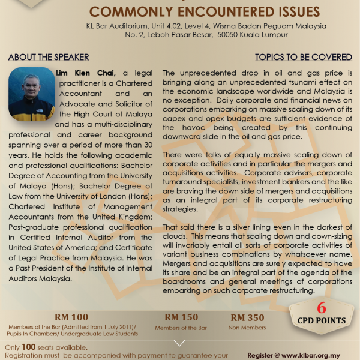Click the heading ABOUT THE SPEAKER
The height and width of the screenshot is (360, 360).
[48, 58]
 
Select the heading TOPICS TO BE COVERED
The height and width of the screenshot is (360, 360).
[304, 58]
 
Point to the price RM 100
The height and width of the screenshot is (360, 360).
[71, 317]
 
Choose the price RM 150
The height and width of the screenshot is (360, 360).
[181, 317]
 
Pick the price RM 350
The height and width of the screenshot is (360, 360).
[247, 317]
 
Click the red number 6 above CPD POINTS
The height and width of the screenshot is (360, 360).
[322, 308]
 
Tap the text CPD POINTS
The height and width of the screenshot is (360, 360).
[322, 321]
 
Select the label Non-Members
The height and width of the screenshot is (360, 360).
[247, 328]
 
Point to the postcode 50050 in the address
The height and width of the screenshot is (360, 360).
[223, 35]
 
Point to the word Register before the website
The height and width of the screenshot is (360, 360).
[262, 355]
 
